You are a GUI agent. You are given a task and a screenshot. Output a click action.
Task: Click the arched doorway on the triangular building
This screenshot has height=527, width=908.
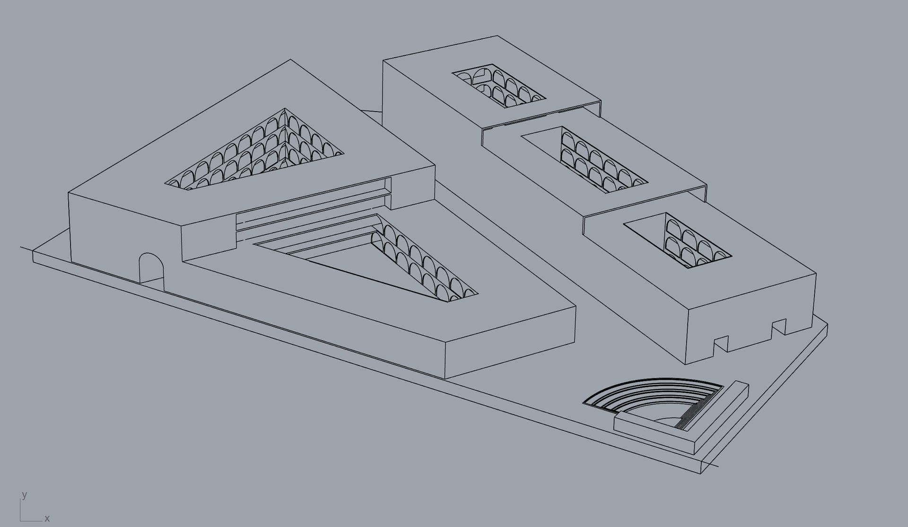[151, 268]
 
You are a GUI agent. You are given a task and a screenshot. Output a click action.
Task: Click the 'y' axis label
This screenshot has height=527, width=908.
[24, 495]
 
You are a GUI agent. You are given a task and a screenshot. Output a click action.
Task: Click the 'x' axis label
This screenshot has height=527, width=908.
[47, 518]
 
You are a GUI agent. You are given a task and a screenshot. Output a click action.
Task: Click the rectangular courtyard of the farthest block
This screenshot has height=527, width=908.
[499, 86]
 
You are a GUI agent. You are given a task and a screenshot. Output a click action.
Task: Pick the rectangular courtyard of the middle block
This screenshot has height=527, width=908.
[584, 160]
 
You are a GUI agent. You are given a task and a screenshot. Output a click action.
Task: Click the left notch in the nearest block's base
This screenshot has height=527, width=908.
[721, 344]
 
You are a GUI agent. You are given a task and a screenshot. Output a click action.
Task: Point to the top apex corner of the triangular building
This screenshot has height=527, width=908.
[290, 60]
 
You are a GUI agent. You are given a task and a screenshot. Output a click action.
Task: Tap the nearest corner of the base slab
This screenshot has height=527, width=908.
[701, 474]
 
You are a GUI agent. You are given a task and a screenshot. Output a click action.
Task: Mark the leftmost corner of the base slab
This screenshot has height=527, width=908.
[33, 252]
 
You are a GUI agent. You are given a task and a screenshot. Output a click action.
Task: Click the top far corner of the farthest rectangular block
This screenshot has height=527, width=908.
[497, 35]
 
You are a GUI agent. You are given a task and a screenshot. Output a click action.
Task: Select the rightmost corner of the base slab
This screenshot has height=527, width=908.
[828, 324]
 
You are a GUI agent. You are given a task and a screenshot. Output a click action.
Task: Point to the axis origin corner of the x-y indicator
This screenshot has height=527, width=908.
[21, 521]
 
